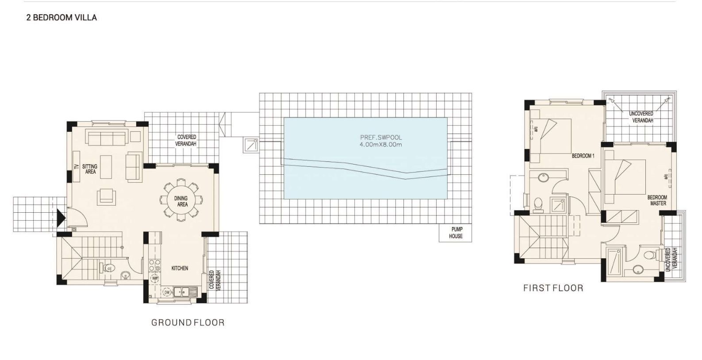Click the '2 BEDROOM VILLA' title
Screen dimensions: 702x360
pos(61,18)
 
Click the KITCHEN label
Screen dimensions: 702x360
pos(180,268)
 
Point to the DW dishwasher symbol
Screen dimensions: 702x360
pos(167,292)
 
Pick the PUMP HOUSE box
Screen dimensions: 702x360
pos(455,233)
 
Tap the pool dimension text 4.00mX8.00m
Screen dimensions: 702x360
pos(381,145)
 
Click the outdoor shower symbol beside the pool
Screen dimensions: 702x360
pos(251,146)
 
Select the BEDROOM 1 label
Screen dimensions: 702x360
pos(583,156)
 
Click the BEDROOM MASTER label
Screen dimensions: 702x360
pos(657,200)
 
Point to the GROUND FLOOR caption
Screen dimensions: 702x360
pos(188,322)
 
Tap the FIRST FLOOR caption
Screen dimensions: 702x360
pos(553,288)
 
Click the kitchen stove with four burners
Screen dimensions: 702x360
pos(154,265)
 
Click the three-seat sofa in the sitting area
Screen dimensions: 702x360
pos(107,138)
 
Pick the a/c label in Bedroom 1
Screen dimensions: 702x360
pos(536,129)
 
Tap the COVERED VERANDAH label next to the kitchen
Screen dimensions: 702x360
pos(215,281)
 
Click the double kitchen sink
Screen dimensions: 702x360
pos(185,292)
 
